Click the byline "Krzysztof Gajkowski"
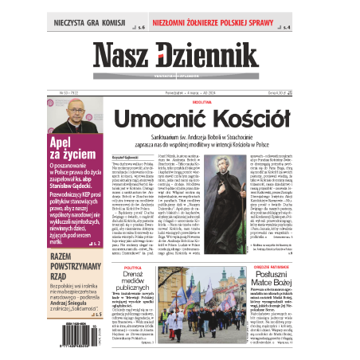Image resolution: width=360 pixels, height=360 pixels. pos(126,148)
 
